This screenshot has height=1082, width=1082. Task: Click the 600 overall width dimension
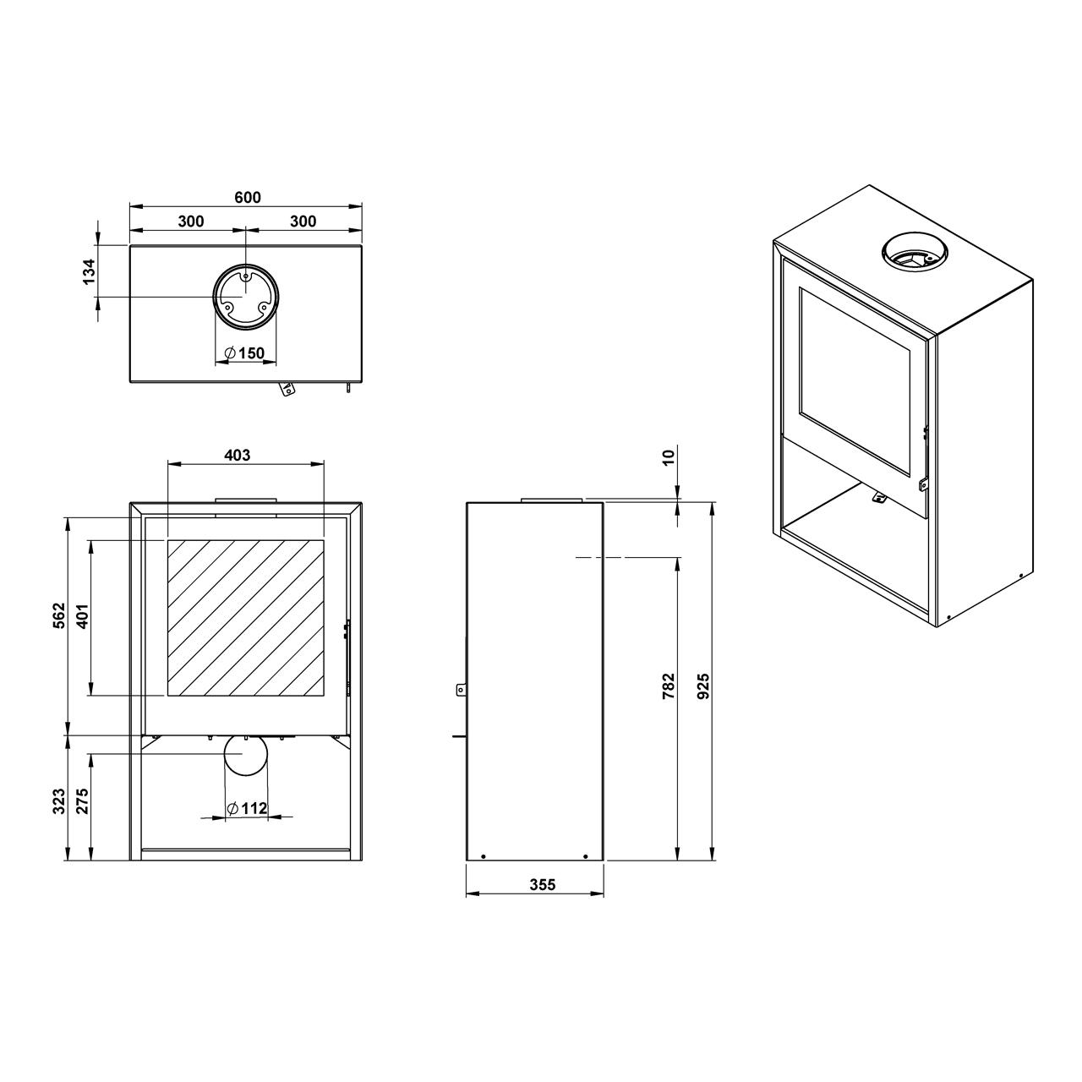(x=248, y=198)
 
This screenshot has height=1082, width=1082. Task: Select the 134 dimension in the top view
(x=90, y=271)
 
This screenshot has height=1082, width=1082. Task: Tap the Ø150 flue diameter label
(x=245, y=353)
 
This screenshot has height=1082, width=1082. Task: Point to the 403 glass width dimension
(x=238, y=455)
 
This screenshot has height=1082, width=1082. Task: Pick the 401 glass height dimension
(x=82, y=616)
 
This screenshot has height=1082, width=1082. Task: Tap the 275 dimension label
(x=82, y=801)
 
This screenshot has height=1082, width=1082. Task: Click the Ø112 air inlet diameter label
(x=247, y=808)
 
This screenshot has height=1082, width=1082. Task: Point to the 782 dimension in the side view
(x=669, y=686)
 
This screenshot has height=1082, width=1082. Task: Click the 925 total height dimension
(x=703, y=686)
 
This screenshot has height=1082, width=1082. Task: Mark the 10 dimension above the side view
(x=668, y=457)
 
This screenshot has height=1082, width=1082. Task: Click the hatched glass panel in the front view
(x=245, y=618)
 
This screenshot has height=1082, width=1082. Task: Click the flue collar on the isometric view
(x=915, y=253)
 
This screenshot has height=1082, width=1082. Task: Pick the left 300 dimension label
(x=191, y=221)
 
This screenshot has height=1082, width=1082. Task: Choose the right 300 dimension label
(x=303, y=221)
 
